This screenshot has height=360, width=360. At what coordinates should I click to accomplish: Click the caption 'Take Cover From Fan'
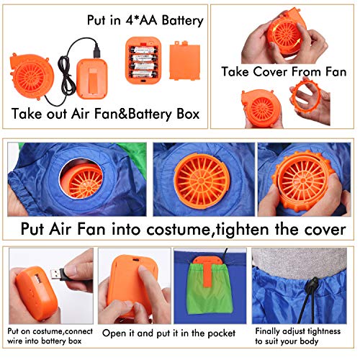[284, 71]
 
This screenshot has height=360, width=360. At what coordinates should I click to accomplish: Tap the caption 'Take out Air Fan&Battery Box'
[107, 114]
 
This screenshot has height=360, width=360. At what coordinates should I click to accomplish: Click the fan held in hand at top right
[287, 34]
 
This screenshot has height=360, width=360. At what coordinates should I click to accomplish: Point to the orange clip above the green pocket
[197, 276]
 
